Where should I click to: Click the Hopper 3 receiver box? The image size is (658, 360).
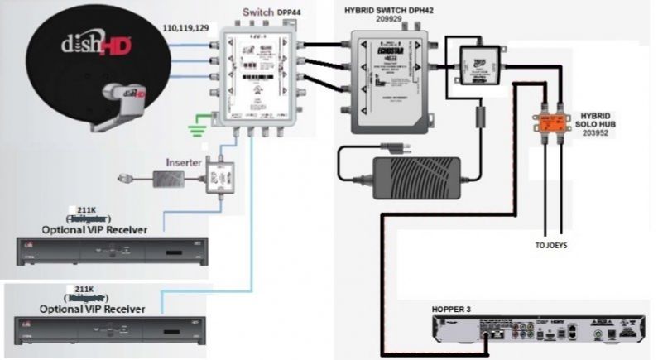[538, 332]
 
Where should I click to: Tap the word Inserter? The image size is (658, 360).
[184, 161]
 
